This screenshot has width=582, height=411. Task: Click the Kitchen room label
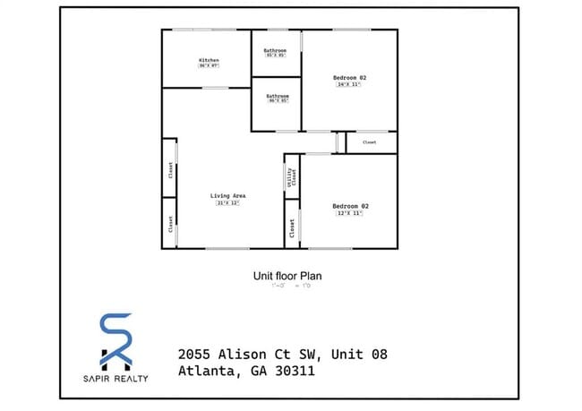pyautogui.click(x=209, y=60)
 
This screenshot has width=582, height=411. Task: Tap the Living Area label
pyautogui.click(x=227, y=195)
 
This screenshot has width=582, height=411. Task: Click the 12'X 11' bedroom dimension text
pyautogui.click(x=350, y=214)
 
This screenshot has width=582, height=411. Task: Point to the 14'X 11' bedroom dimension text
pyautogui.click(x=350, y=85)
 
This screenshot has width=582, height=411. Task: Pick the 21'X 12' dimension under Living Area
pyautogui.click(x=227, y=203)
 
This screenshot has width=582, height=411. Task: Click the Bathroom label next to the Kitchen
pyautogui.click(x=276, y=50)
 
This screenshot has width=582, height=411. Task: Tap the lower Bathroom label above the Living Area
pyautogui.click(x=278, y=95)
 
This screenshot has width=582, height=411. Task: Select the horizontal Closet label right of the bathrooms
pyautogui.click(x=369, y=141)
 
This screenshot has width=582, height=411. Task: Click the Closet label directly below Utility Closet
pyautogui.click(x=292, y=230)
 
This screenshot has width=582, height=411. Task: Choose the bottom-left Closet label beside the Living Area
pyautogui.click(x=170, y=225)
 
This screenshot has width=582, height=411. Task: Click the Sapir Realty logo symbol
pyautogui.click(x=114, y=340)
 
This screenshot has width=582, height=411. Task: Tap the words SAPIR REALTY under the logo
pyautogui.click(x=114, y=377)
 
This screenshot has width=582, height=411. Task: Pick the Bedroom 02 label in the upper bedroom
pyautogui.click(x=350, y=78)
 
